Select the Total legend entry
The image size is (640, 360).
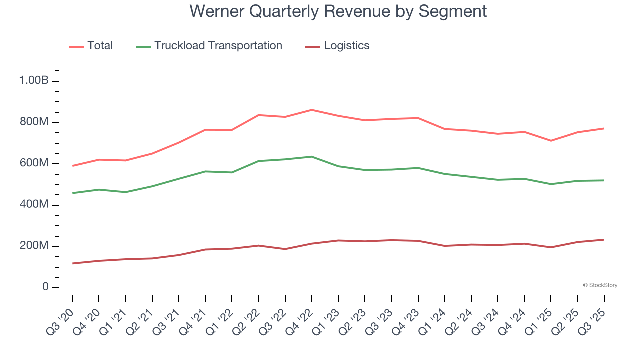click(100, 46)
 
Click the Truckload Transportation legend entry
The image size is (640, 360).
click(218, 46)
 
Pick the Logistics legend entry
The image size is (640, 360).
click(346, 46)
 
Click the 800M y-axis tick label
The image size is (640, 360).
click(34, 122)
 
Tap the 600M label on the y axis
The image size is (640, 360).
click(34, 163)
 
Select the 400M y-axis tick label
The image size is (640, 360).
click(34, 205)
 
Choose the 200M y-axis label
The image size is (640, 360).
click(34, 246)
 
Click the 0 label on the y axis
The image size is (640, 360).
click(45, 287)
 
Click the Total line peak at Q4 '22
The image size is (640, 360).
click(312, 110)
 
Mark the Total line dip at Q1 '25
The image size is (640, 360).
click(551, 141)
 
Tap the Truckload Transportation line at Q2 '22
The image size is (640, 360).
click(259, 161)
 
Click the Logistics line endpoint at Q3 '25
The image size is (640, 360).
click(604, 240)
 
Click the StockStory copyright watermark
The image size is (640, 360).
click(600, 285)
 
